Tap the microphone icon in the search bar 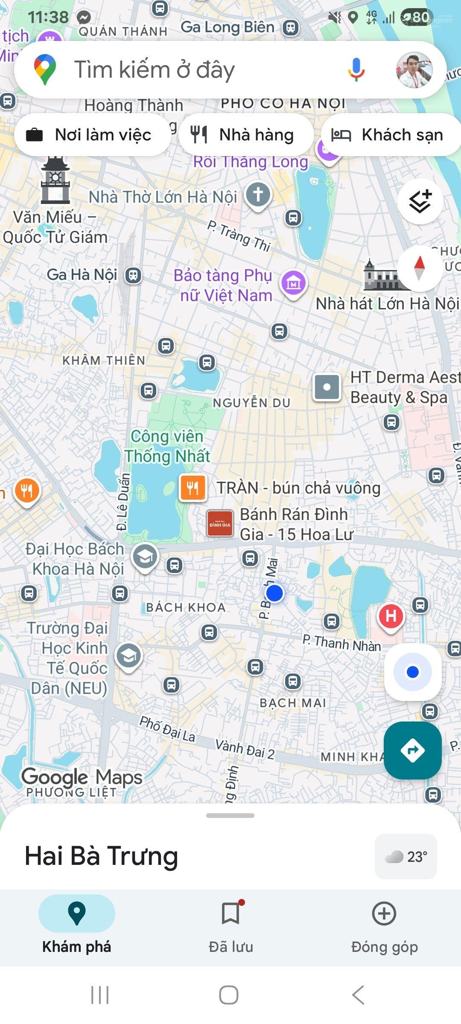(356, 70)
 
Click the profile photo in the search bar (414, 70)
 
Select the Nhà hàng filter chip (246, 135)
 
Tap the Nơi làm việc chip (92, 135)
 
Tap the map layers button (420, 201)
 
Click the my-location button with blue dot (412, 672)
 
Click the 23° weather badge (406, 856)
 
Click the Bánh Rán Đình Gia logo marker (220, 524)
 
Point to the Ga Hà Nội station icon (133, 275)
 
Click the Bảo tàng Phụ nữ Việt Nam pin (293, 283)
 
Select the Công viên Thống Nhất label (167, 446)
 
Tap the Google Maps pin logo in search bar (45, 70)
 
